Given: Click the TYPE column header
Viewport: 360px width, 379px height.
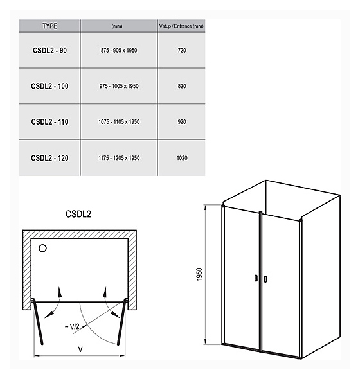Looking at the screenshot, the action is (x=50, y=26).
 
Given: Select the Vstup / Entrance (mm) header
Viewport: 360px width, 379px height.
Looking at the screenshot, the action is (x=181, y=26).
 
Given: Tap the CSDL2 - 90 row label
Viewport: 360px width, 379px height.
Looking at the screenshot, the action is (x=50, y=50).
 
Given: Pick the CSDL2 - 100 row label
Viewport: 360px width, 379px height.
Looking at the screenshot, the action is (x=50, y=86).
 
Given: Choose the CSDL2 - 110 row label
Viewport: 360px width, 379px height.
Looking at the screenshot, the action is (x=50, y=122).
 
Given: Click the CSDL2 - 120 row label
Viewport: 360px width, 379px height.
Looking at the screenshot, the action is (x=50, y=158).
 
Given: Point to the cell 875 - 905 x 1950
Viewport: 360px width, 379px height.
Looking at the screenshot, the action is (x=119, y=50).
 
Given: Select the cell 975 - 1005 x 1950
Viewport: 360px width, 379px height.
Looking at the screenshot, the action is (x=119, y=86).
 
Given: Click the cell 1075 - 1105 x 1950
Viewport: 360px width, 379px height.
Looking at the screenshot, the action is (x=119, y=122).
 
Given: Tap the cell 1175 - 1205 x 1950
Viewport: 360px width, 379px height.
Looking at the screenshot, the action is (x=119, y=158).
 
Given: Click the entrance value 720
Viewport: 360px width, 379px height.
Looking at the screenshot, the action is (x=182, y=50).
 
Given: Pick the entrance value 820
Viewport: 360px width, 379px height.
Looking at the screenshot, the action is (x=182, y=86).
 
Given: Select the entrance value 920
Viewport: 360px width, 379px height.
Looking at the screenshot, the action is (x=182, y=122).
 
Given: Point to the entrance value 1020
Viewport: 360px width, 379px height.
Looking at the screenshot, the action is (x=182, y=158).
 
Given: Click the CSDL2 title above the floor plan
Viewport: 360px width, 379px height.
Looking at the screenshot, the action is (x=78, y=214).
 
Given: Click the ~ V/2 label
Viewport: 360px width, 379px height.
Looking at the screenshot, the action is (x=72, y=327).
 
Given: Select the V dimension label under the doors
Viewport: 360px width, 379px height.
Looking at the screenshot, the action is (x=80, y=349).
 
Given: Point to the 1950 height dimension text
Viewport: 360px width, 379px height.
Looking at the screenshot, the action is (x=199, y=274).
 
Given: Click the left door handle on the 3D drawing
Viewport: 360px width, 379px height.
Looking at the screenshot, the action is (x=256, y=278).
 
